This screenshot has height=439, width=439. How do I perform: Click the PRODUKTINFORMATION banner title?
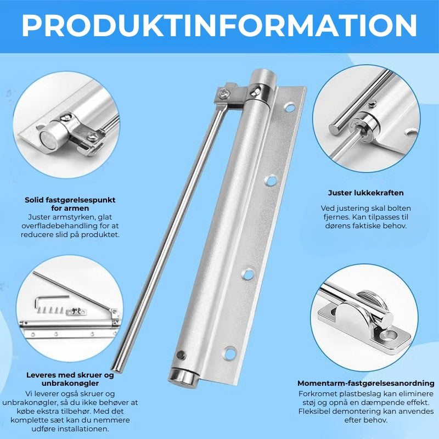pos(219,25)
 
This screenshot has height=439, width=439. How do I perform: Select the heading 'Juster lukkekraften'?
pos(365,193)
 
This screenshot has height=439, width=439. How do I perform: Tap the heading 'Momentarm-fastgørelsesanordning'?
pos(365,383)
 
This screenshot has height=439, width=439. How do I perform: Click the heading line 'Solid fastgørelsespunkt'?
pos(70,200)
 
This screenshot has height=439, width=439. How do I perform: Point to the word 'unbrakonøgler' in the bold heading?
pos(70,383)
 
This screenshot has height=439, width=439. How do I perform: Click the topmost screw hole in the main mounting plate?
pos(289,107)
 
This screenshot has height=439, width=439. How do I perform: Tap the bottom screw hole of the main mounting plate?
pos(230,353)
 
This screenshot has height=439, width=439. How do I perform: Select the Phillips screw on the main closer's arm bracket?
pos(224,93)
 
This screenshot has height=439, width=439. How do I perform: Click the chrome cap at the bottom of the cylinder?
pos(183,378)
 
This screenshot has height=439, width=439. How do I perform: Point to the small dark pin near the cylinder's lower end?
pos(181,355)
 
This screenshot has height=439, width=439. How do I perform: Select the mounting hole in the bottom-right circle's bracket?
pos(391,335)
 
